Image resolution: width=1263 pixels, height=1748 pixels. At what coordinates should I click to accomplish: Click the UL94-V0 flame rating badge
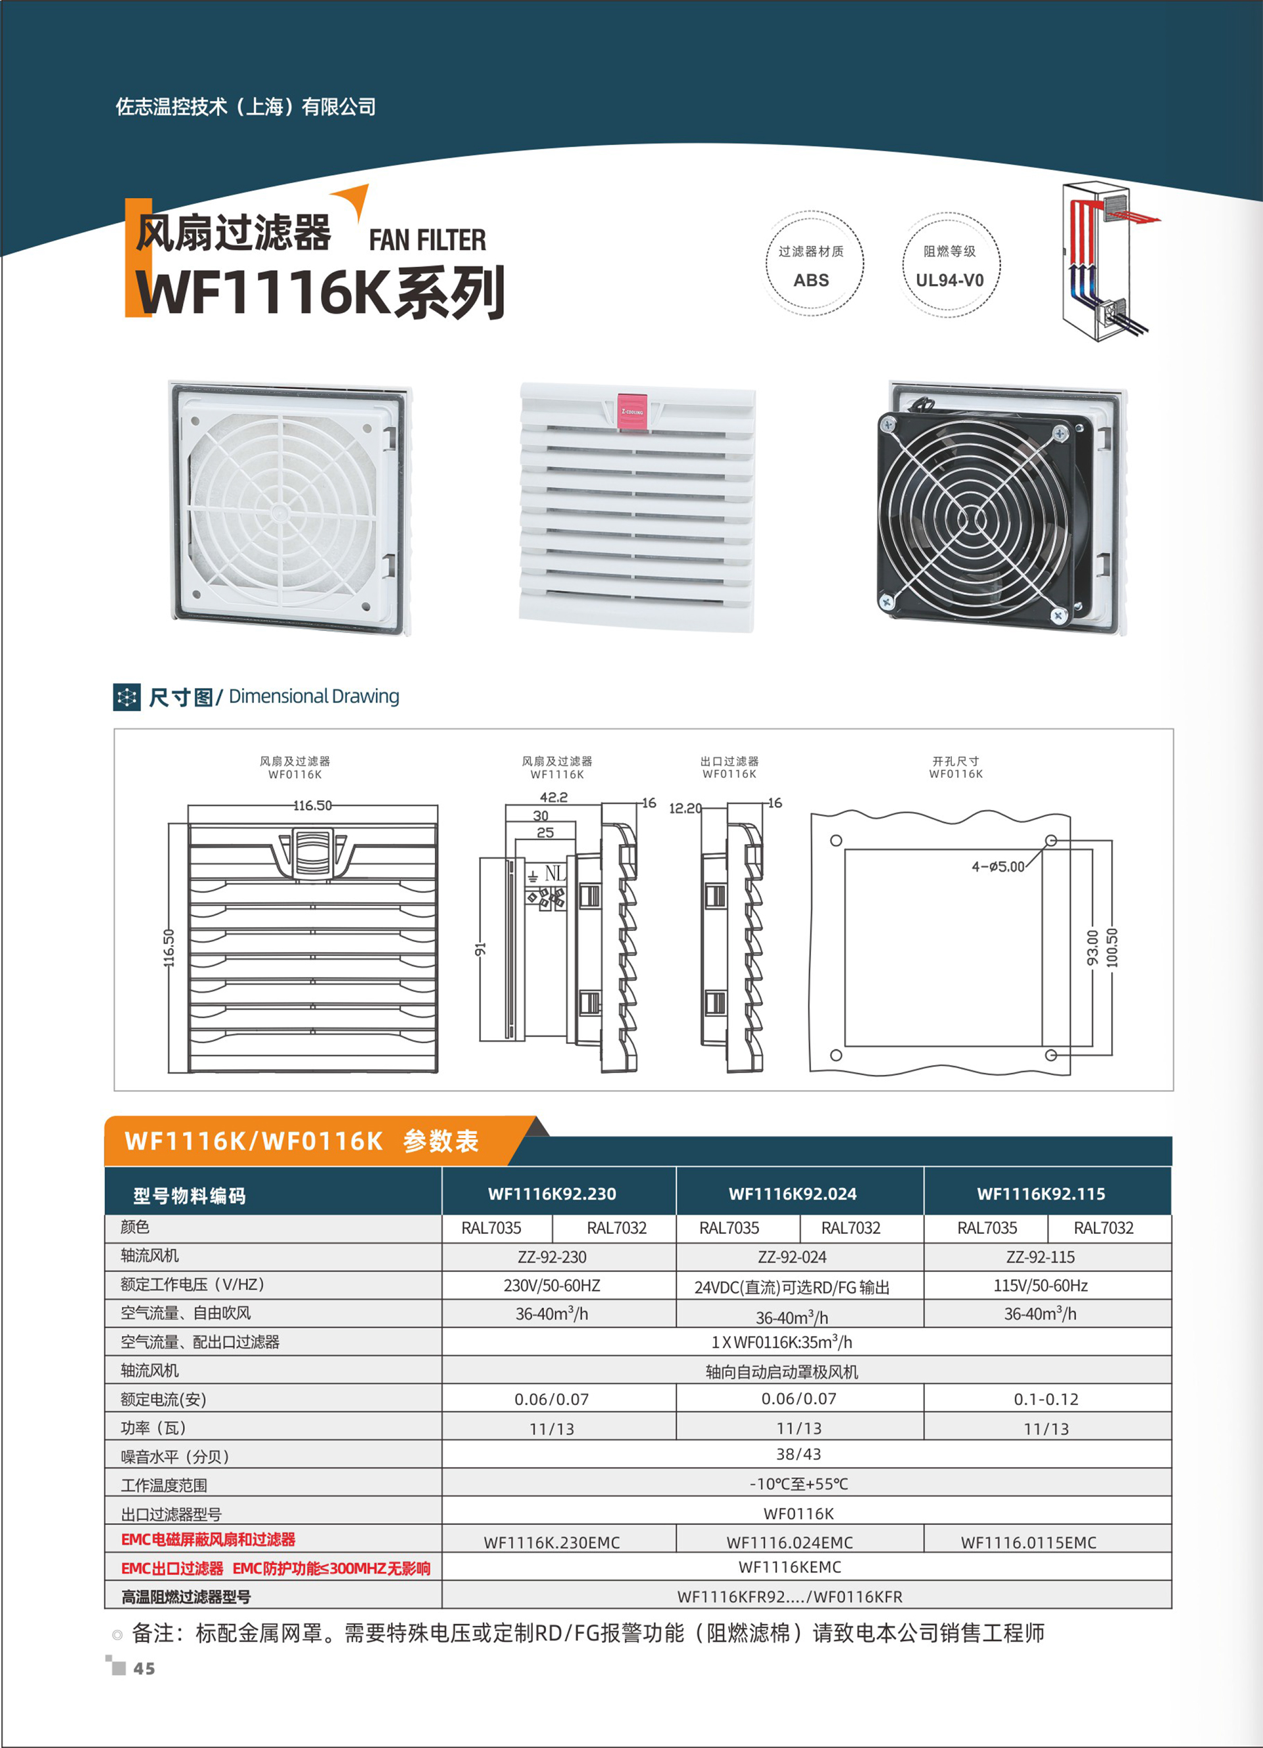tap(950, 264)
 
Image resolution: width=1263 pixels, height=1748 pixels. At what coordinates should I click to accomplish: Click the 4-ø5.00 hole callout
tap(998, 866)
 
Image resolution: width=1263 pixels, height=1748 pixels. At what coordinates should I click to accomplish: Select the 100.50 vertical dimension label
tap(1111, 947)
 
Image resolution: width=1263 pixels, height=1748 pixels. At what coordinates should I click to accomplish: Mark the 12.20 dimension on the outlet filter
tap(685, 809)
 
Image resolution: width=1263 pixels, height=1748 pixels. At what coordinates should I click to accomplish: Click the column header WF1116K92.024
tap(793, 1194)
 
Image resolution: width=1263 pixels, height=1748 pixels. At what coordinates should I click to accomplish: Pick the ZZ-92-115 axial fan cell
tap(1040, 1257)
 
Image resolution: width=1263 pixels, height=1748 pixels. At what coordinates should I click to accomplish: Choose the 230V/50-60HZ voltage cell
tap(552, 1286)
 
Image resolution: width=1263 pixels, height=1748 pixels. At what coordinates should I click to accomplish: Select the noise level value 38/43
tap(798, 1454)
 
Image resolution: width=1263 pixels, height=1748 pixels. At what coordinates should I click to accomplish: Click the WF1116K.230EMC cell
tap(552, 1542)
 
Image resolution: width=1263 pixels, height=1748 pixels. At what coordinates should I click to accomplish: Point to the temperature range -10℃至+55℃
tap(798, 1484)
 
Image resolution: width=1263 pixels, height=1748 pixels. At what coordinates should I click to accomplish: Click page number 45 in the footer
tap(143, 1668)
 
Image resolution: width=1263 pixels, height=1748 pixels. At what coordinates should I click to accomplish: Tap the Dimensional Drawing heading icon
tap(126, 697)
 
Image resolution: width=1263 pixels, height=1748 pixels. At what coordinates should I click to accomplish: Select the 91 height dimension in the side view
tap(480, 949)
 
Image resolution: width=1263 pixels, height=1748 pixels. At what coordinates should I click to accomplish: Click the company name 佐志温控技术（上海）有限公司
tap(246, 107)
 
